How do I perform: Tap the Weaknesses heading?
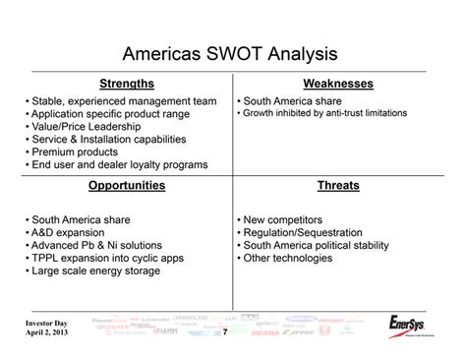coord(337,84)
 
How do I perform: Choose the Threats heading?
coord(337,185)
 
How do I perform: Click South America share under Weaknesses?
coord(293,100)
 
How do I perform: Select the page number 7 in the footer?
coord(225,332)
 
